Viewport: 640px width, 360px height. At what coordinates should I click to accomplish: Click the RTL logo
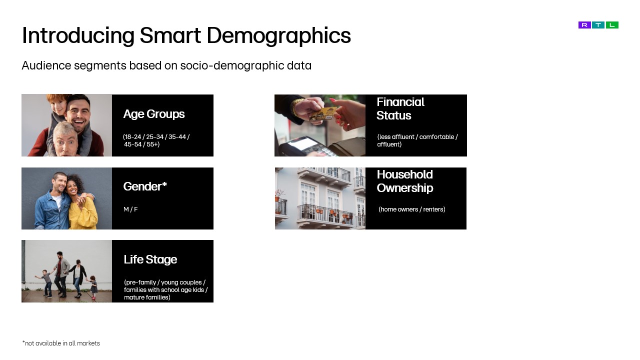598,25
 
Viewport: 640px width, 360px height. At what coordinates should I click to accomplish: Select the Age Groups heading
154,114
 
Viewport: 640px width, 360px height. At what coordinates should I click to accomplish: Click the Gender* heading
145,186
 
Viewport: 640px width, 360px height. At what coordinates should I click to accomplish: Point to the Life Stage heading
150,259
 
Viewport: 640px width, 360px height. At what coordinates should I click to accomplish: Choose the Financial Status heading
400,108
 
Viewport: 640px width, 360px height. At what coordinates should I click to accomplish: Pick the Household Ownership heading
405,181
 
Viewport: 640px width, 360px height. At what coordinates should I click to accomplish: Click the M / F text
130,209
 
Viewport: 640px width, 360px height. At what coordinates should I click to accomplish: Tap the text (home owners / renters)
412,209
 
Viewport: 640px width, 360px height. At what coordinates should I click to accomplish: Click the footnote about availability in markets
61,343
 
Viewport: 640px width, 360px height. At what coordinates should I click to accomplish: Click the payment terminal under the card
310,146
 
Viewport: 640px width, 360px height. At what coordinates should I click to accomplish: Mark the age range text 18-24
132,137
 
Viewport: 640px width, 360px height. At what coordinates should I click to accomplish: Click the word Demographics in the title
278,35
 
